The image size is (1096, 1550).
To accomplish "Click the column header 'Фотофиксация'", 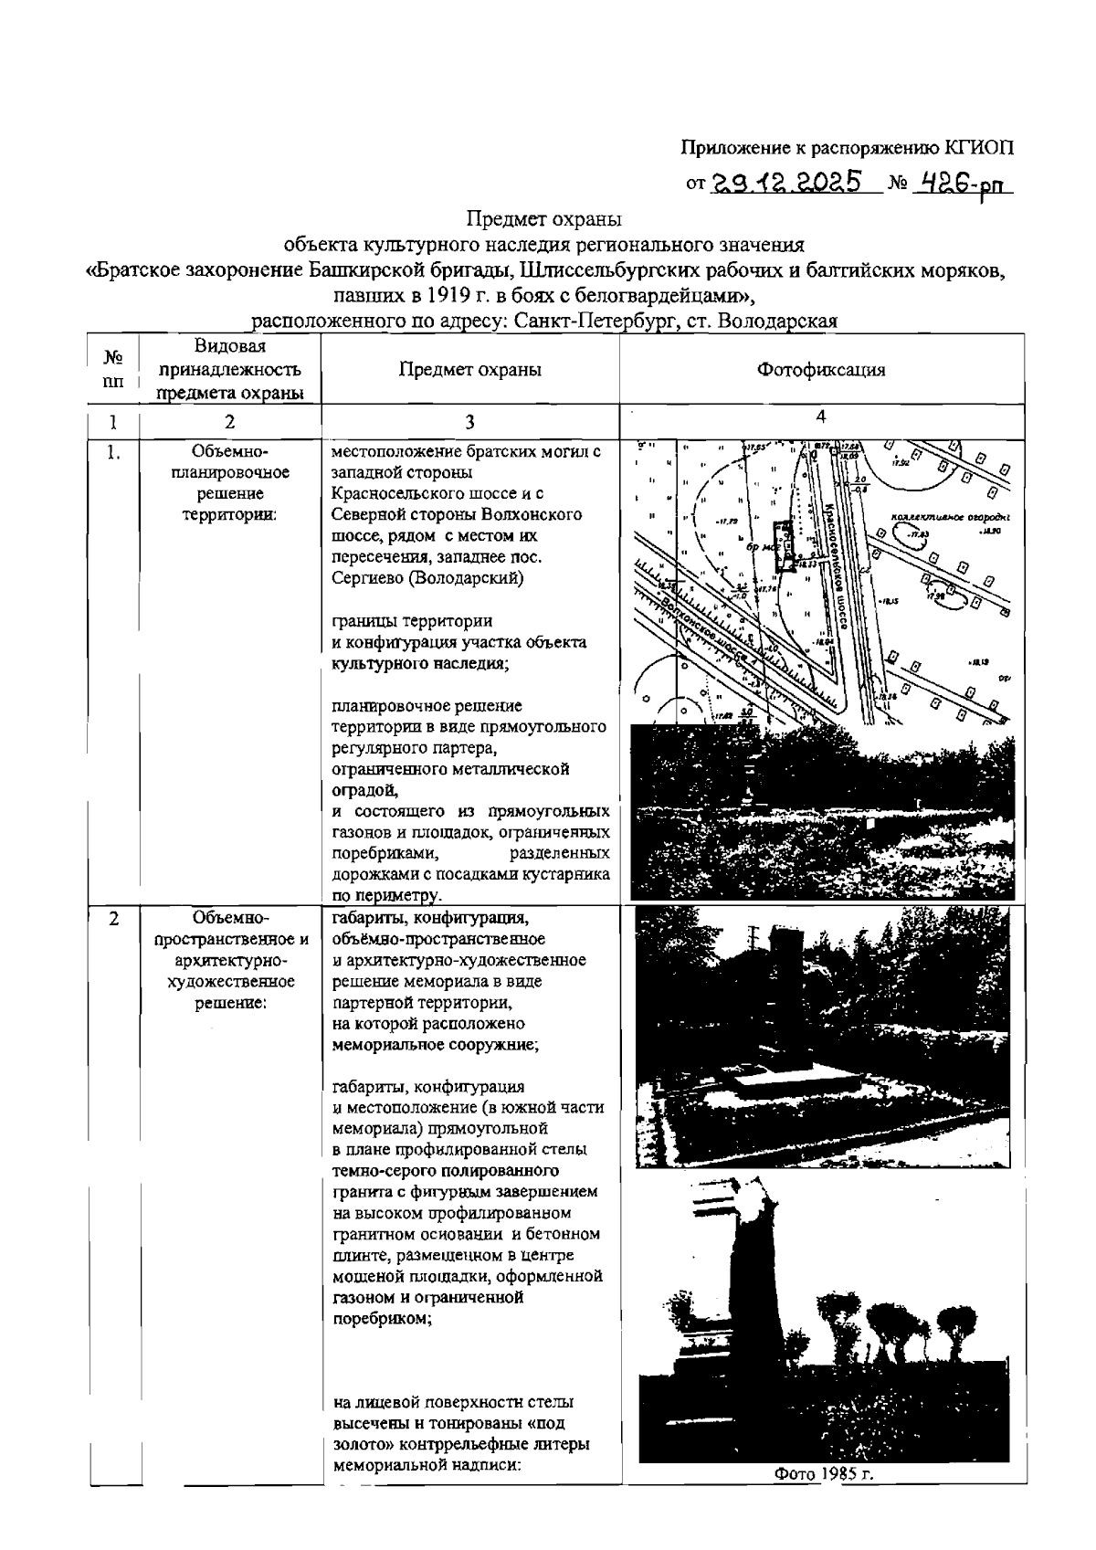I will pos(821,370).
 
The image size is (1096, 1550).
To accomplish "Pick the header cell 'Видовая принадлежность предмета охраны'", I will pos(229,370).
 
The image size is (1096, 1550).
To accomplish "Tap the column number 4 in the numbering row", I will pos(821,416).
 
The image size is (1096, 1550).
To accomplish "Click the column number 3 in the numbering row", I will pos(469,422).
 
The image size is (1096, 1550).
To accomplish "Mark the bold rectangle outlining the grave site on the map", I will pos(784,547).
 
